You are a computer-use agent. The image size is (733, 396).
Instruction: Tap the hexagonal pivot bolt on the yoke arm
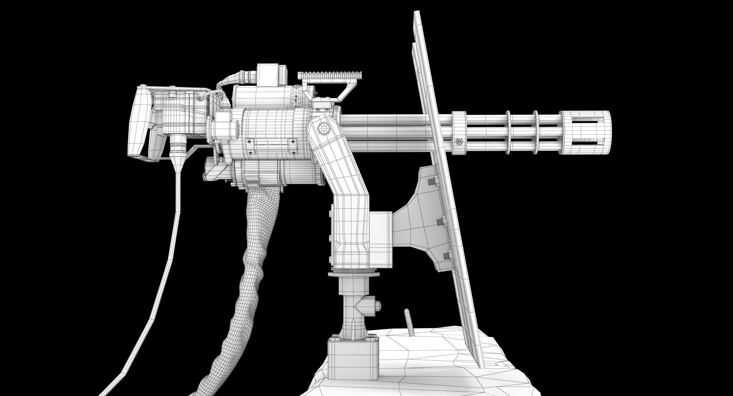point(323,129)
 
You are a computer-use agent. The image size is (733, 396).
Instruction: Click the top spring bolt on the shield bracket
point(434,182)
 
